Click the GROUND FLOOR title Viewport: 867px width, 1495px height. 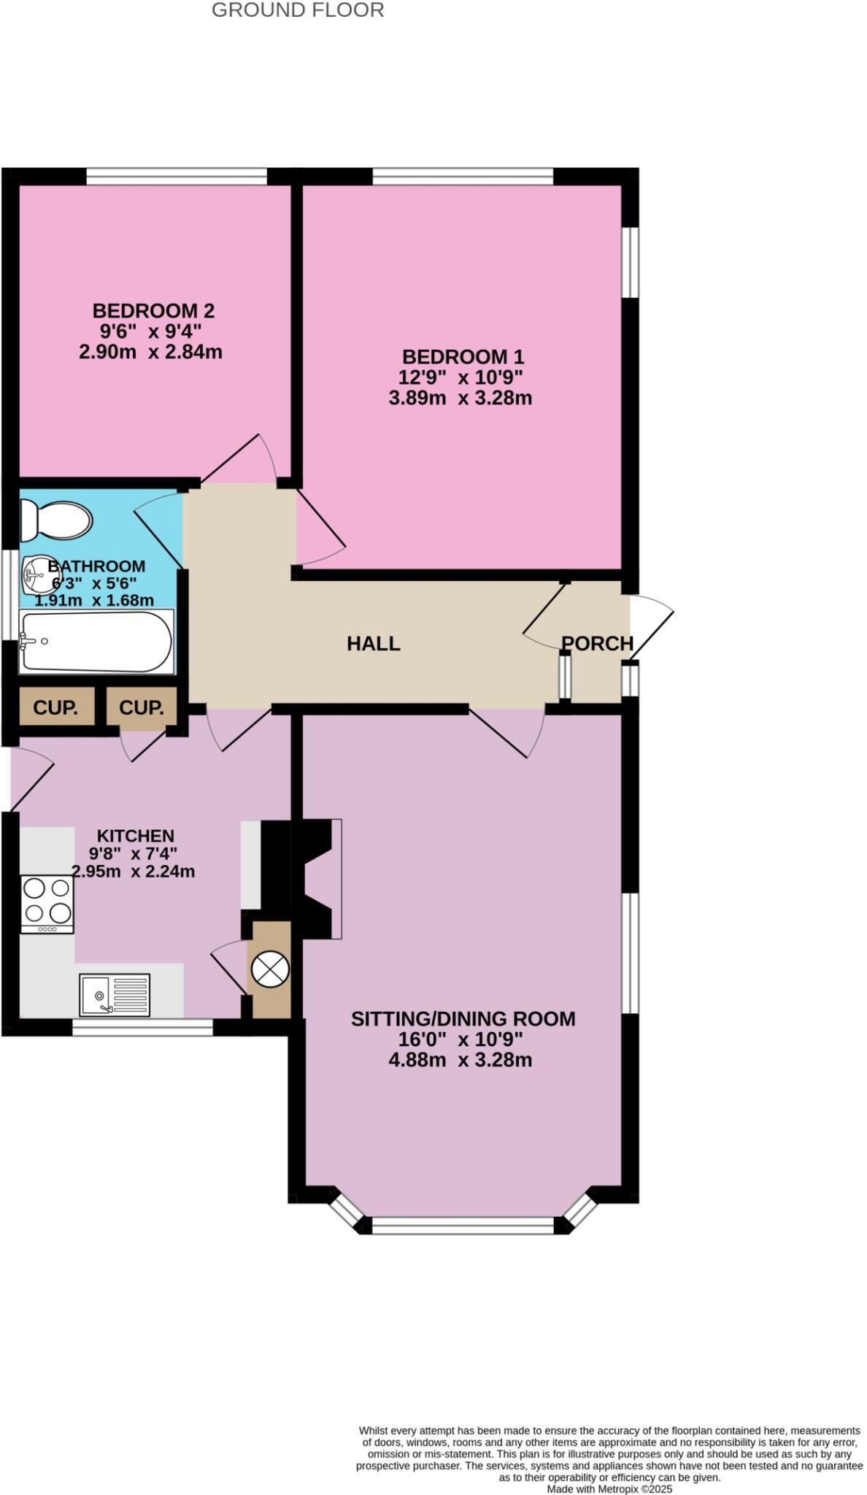[x=298, y=10]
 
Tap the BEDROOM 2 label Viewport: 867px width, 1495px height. [x=153, y=311]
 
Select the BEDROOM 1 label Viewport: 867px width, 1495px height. [x=463, y=357]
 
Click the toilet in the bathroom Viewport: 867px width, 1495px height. [x=56, y=520]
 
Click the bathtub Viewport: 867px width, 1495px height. [x=96, y=642]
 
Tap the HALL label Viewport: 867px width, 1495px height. [x=373, y=644]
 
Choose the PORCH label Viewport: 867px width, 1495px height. [x=597, y=644]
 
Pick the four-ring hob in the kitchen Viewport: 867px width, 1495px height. [x=47, y=902]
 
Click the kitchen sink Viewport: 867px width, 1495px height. [x=115, y=994]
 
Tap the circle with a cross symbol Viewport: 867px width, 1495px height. [x=270, y=969]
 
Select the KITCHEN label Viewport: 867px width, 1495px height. [x=136, y=836]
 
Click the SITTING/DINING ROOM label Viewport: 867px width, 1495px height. [x=463, y=1019]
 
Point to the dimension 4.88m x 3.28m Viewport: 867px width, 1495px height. [x=460, y=1060]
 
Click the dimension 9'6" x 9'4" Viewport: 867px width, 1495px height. [x=151, y=331]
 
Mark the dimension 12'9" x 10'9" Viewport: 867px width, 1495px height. [x=461, y=377]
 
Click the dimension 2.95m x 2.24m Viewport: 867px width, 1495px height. [x=133, y=872]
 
